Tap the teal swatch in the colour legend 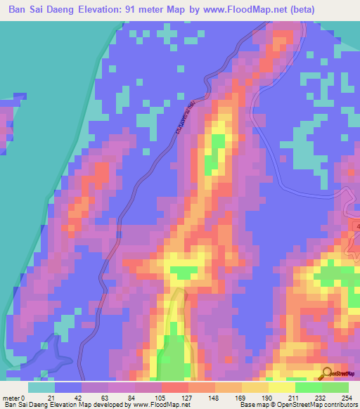[x=41, y=387]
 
